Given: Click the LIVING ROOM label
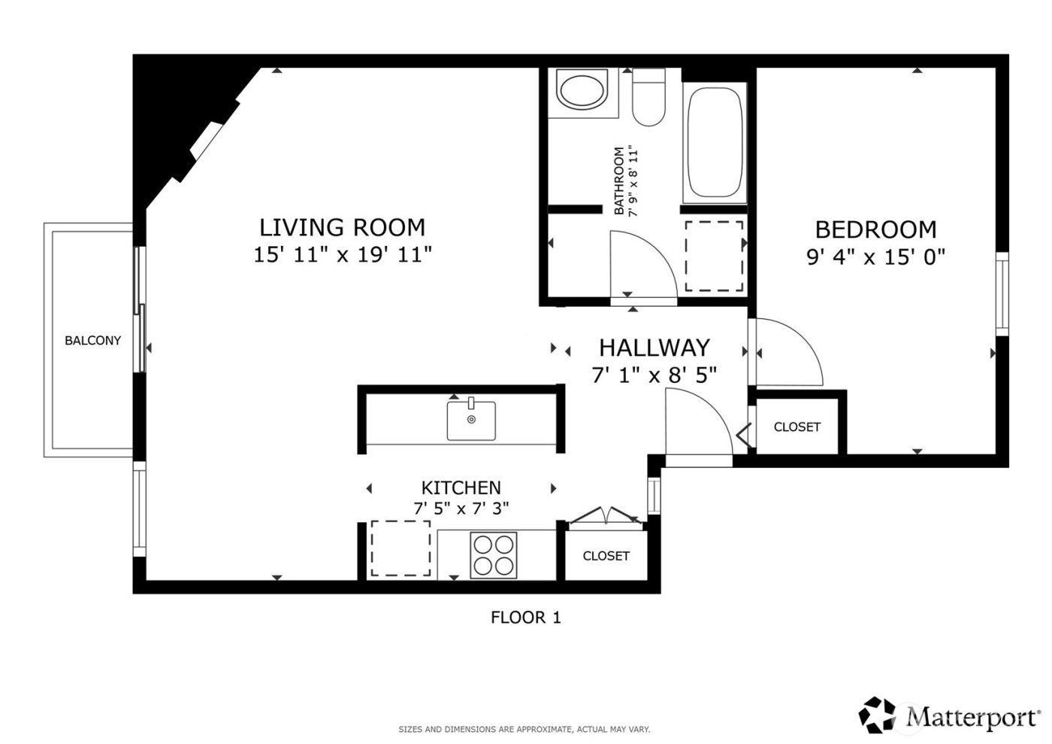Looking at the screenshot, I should pyautogui.click(x=342, y=227).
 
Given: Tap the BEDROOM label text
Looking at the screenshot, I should pyautogui.click(x=875, y=229).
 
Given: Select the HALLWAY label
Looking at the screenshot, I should pyautogui.click(x=654, y=348).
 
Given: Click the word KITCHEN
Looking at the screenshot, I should pyautogui.click(x=461, y=487).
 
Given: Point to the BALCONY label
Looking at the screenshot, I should pyautogui.click(x=92, y=341).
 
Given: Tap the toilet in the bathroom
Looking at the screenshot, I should pyautogui.click(x=648, y=98).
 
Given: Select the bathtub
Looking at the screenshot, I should pyautogui.click(x=715, y=143).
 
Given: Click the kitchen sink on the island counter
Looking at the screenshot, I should pyautogui.click(x=471, y=421).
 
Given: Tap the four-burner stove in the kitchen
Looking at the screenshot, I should pyautogui.click(x=494, y=555).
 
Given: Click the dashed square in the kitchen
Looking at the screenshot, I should pyautogui.click(x=400, y=548).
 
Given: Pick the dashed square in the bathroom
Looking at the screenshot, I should pyautogui.click(x=714, y=256).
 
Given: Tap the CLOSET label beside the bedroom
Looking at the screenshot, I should pyautogui.click(x=797, y=427).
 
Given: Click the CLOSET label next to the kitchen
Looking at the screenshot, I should pyautogui.click(x=606, y=556).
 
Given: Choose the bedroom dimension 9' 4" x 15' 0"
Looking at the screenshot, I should pyautogui.click(x=875, y=257).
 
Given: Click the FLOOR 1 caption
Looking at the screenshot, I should pyautogui.click(x=525, y=618).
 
